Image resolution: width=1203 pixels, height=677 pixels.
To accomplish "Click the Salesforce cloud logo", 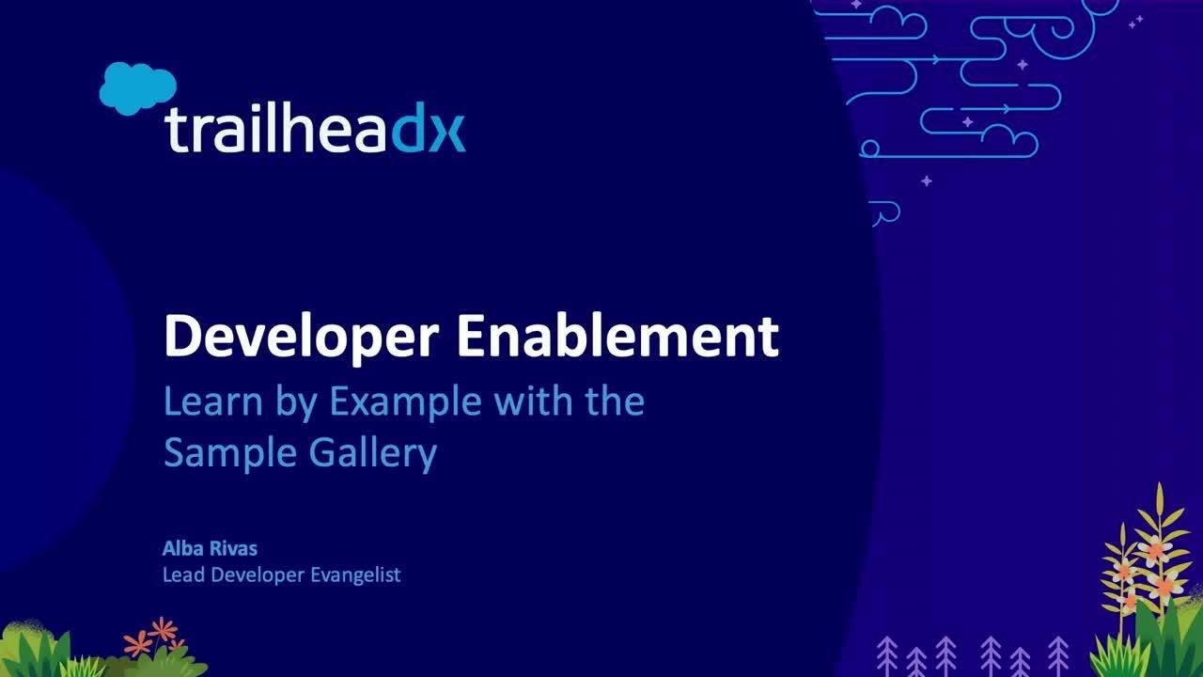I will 137,87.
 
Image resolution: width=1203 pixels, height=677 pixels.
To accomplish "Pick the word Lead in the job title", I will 182,575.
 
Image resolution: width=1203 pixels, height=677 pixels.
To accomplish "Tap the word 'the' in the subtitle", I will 615,402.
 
